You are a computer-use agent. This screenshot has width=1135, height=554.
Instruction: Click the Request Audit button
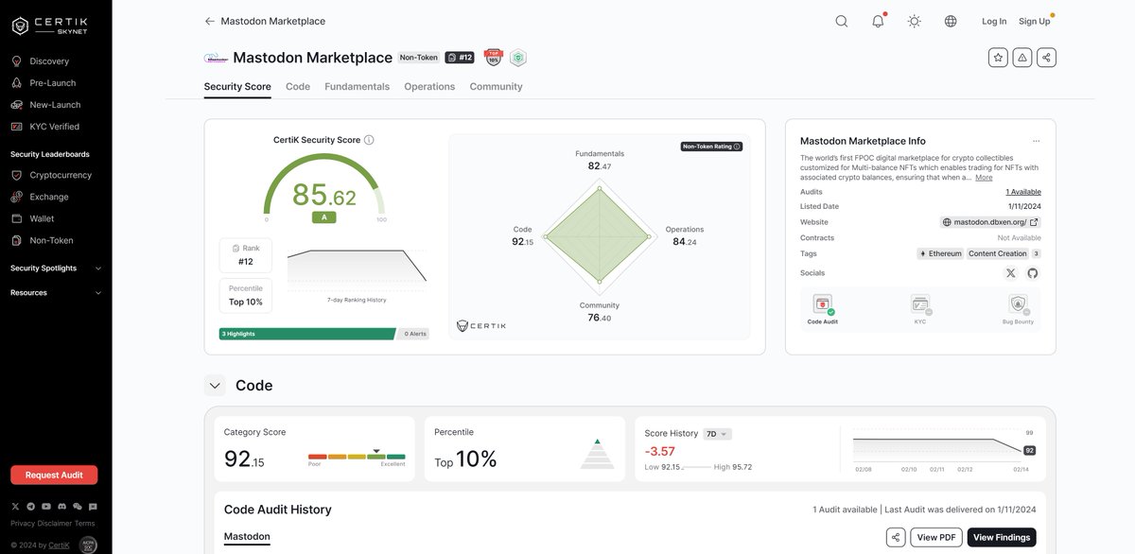(54, 475)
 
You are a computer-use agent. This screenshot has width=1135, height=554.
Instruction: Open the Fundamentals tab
(357, 87)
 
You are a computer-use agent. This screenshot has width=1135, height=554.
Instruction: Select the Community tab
(496, 87)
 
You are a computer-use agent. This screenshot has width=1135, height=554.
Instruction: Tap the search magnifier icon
(841, 22)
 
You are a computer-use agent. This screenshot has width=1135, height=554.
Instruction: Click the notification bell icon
(878, 22)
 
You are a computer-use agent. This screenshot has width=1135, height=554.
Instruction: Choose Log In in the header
(994, 22)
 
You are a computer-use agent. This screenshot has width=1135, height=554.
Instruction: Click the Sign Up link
(1034, 22)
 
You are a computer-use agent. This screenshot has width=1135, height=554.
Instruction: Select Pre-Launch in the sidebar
(52, 83)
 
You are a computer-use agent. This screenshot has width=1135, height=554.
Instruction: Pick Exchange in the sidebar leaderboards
(48, 197)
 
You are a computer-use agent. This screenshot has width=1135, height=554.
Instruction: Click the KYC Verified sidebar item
(54, 127)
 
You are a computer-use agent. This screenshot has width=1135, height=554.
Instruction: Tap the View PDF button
(935, 537)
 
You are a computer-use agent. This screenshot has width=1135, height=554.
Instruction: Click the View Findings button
(1001, 537)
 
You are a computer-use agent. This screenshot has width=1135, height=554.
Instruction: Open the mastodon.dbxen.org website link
(990, 222)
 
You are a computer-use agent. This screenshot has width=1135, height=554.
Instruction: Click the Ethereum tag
(940, 253)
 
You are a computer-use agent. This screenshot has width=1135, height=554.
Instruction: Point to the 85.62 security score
(323, 195)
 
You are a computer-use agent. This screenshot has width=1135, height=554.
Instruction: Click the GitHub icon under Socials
(1032, 273)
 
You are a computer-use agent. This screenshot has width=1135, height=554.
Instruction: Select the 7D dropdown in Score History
(718, 434)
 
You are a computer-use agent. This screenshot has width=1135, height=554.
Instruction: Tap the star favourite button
(998, 58)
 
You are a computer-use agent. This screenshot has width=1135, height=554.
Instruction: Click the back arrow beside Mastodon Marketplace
(209, 21)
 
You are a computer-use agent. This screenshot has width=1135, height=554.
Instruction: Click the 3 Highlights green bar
(307, 334)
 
